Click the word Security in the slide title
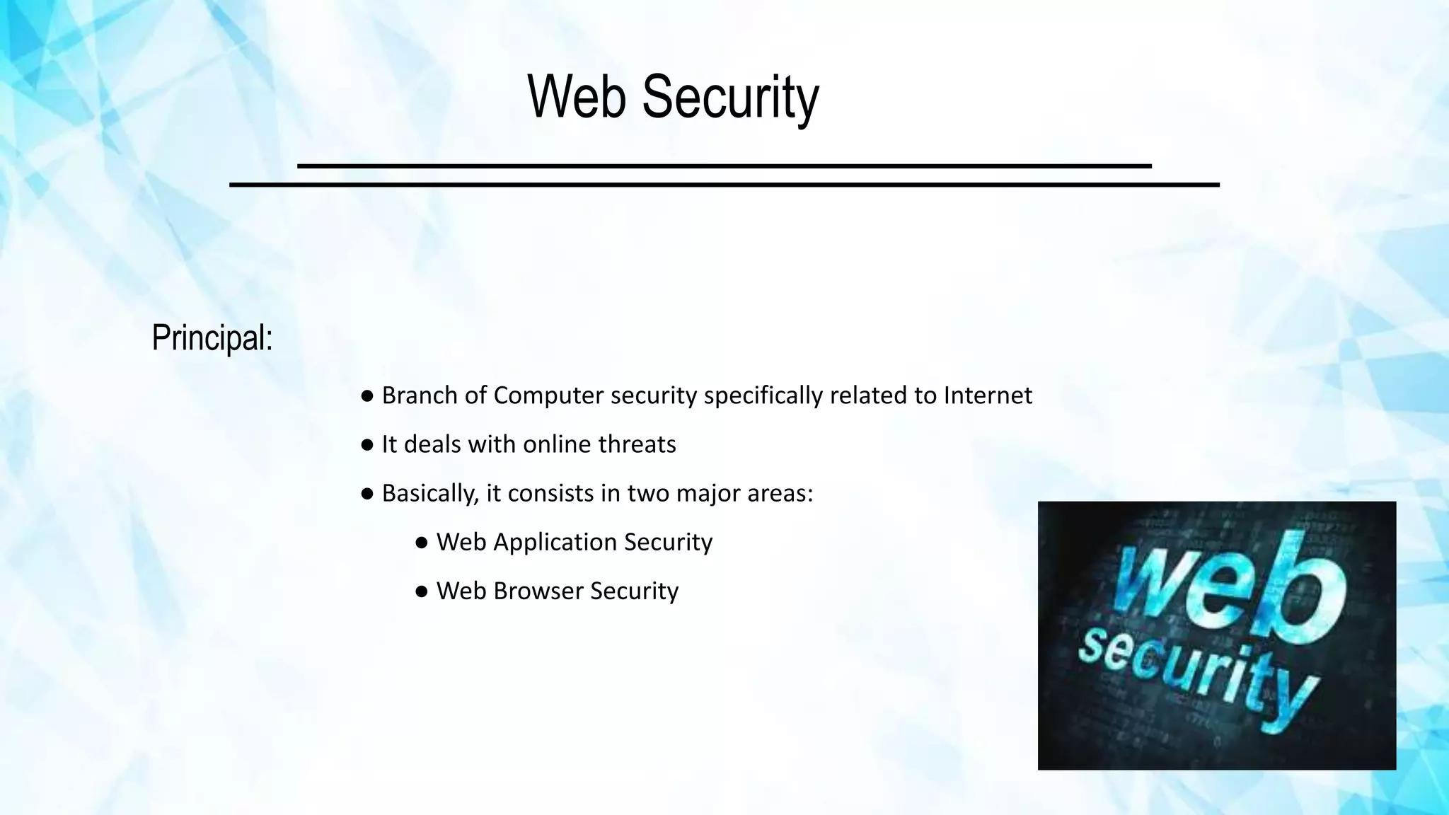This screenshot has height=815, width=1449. pos(730,98)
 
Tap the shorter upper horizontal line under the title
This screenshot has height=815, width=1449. pos(724,166)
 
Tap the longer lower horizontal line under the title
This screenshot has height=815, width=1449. pos(724,185)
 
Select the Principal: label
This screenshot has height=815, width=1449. pos(212,338)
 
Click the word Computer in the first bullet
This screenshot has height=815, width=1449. pos(548,395)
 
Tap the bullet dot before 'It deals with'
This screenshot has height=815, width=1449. pos(366,445)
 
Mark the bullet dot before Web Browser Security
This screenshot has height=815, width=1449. pos(422,591)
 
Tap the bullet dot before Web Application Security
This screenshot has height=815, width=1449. pos(422,543)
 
